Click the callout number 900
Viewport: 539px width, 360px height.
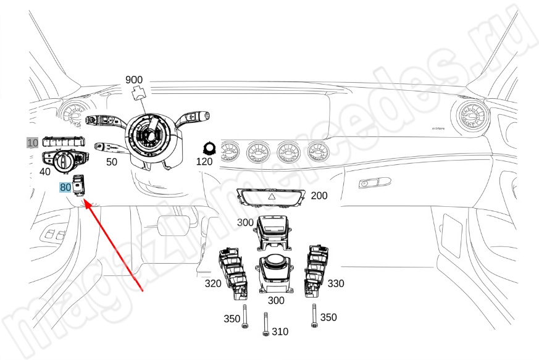click(134, 80)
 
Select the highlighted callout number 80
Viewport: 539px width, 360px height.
click(65, 187)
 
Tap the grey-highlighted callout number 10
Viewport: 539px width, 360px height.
click(31, 142)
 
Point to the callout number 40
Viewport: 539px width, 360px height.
click(45, 171)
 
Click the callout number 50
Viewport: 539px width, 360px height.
click(111, 162)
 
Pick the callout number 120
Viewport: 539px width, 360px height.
click(204, 162)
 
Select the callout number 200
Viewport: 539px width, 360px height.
click(319, 196)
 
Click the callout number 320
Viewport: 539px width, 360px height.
click(213, 284)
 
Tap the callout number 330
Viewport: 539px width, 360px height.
click(336, 283)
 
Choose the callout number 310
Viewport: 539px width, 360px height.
click(280, 332)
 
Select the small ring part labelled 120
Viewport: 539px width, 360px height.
click(209, 148)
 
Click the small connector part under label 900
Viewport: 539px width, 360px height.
click(139, 93)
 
